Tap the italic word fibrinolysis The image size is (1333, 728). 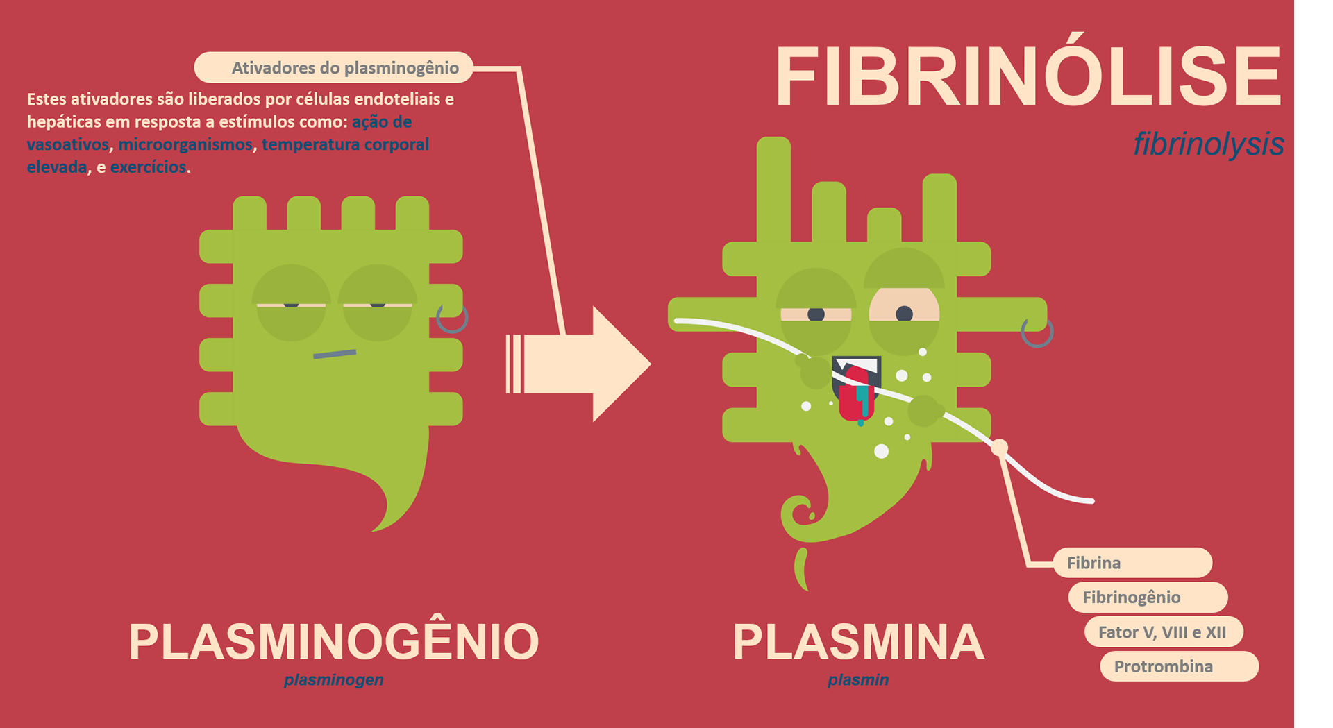pyautogui.click(x=1209, y=144)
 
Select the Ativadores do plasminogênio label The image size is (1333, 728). pyautogui.click(x=334, y=67)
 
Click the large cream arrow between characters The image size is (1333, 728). pyautogui.click(x=578, y=364)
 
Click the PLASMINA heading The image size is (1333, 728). pyautogui.click(x=858, y=642)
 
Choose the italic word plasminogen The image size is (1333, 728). pyautogui.click(x=334, y=679)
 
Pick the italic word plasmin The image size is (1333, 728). pyautogui.click(x=858, y=679)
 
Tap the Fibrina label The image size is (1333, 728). pyautogui.click(x=1132, y=563)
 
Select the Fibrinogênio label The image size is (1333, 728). pyautogui.click(x=1148, y=597)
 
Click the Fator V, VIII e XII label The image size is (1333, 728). pyautogui.click(x=1164, y=632)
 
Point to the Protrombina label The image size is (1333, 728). pyautogui.click(x=1180, y=666)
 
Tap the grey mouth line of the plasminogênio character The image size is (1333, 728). pyautogui.click(x=335, y=354)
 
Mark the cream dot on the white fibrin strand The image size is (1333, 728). pyautogui.click(x=999, y=448)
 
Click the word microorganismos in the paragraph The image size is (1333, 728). pyautogui.click(x=185, y=144)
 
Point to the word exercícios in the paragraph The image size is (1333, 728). pyautogui.click(x=148, y=167)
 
